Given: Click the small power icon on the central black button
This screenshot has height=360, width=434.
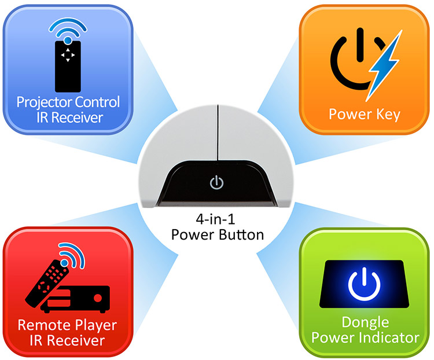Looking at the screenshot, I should coord(216,183).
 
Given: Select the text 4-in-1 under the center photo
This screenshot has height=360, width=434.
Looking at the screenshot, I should coord(217,221).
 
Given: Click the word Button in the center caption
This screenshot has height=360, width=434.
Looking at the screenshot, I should coord(238,235).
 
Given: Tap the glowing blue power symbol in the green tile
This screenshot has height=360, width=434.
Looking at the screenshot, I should coord(364,284).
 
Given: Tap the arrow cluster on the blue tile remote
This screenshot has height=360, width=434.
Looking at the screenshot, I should coord(68,56).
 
